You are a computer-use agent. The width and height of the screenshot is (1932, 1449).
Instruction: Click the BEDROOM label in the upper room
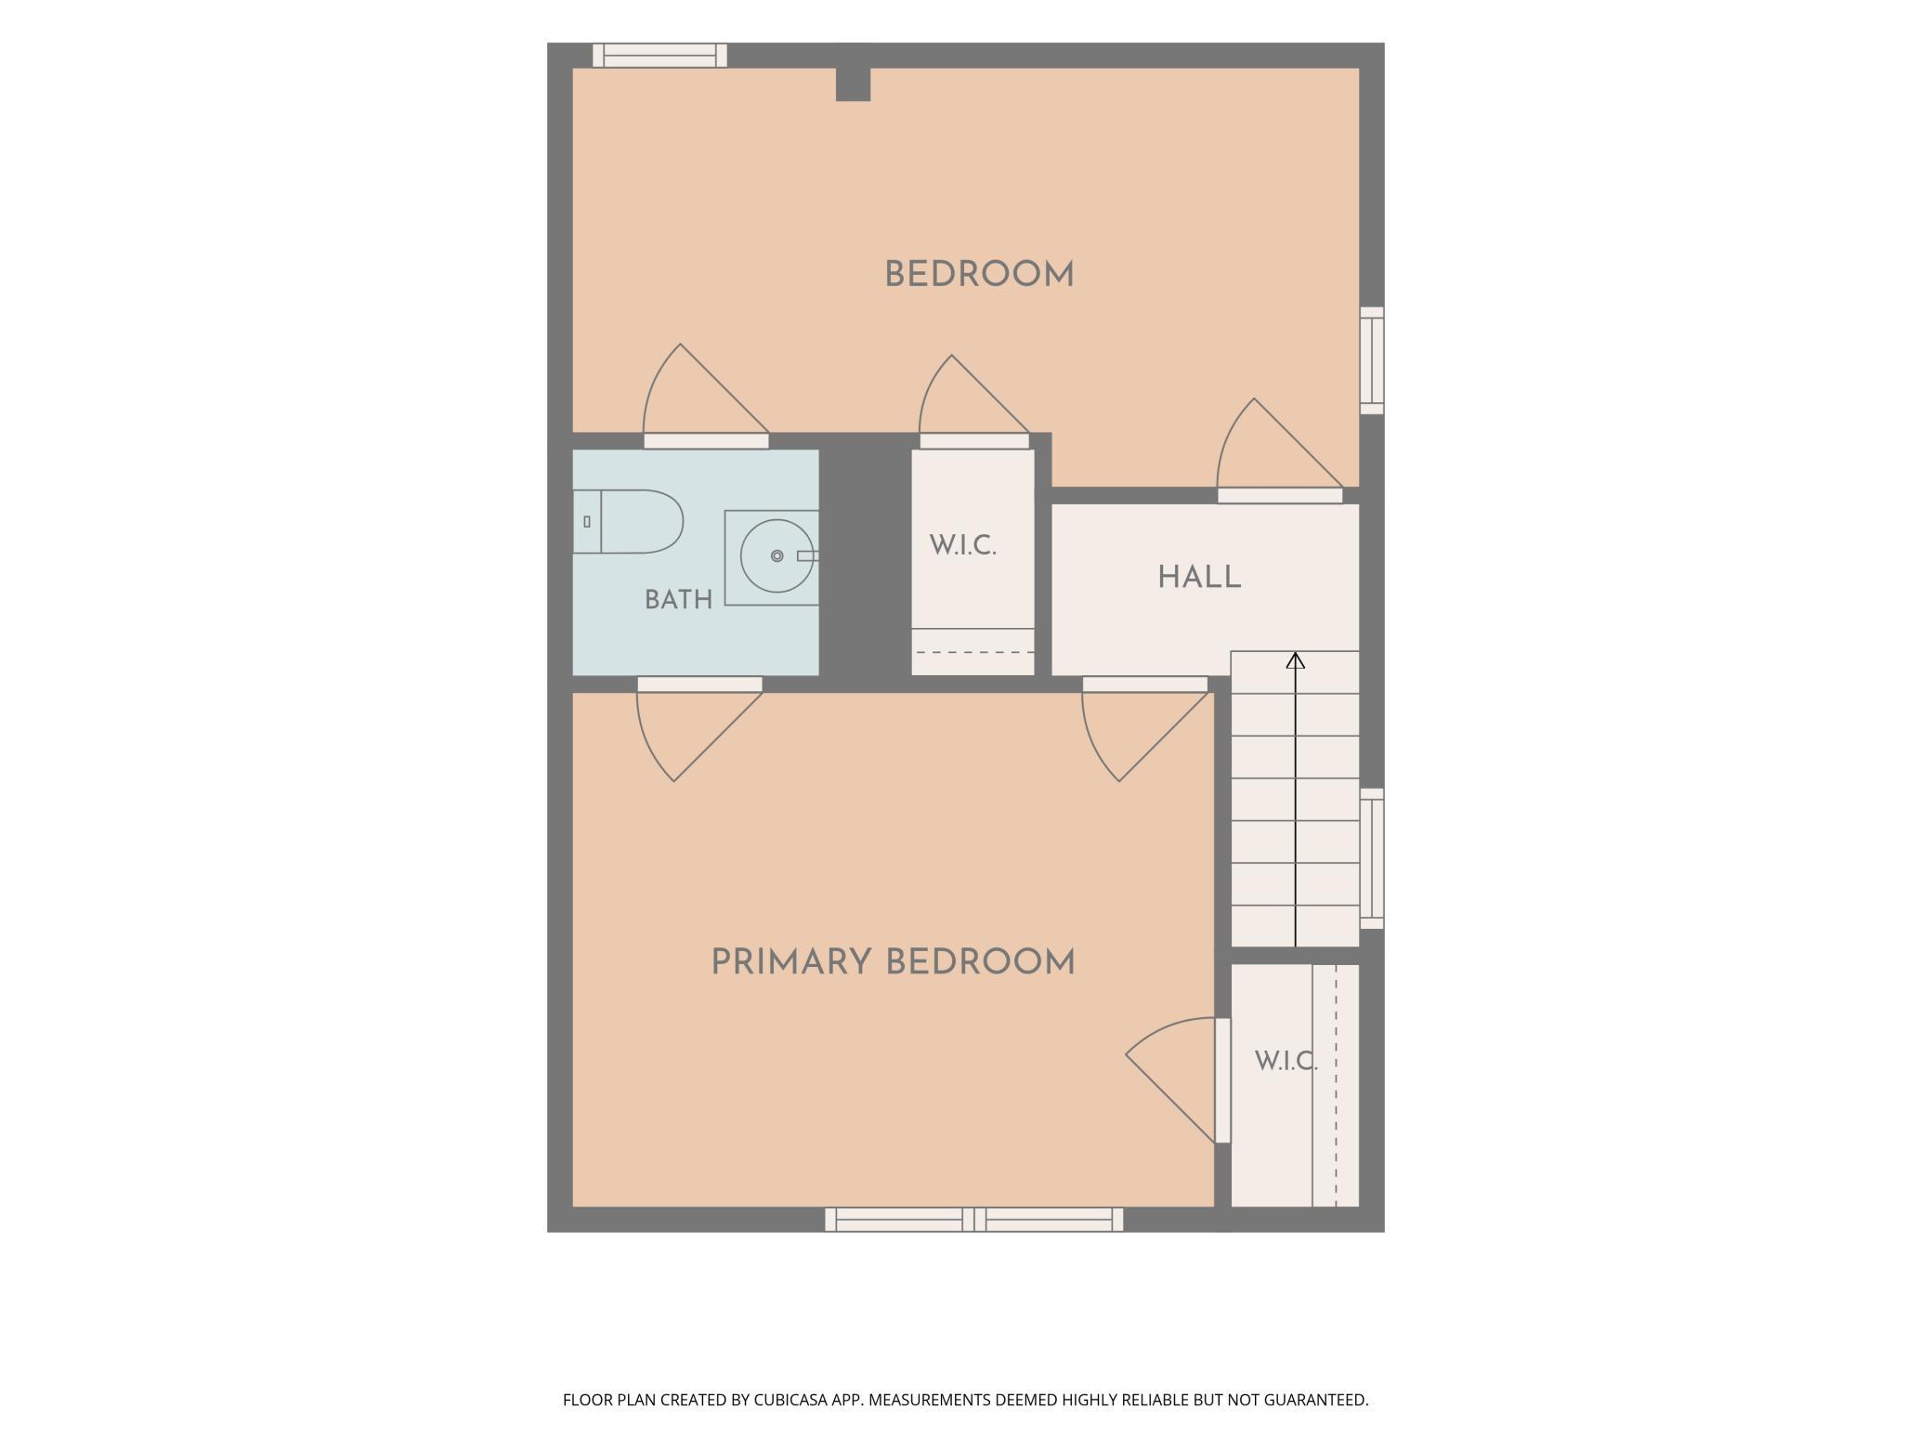979,275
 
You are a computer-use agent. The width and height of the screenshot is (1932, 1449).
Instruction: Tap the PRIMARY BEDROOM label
893,962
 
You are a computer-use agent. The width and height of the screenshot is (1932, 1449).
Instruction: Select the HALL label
1199,577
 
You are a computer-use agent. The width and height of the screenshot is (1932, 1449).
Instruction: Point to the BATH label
679,600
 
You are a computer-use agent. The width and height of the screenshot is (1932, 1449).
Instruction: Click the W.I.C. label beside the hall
963,545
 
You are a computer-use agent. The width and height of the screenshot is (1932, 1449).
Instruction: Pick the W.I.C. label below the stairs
1286,1061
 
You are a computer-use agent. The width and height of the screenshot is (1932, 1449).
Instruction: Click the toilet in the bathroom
628,521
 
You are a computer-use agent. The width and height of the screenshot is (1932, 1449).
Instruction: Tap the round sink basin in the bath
777,556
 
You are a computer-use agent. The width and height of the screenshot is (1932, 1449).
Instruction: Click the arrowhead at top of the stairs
1295,660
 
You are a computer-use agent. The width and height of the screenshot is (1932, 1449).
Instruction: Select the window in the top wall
659,55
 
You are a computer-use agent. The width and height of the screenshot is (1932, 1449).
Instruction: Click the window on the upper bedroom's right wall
1372,360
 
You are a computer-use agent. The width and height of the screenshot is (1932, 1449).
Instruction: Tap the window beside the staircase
1372,858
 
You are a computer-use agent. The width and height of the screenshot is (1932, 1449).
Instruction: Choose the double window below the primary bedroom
973,1220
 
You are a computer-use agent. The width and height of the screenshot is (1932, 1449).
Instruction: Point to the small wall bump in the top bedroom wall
853,85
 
